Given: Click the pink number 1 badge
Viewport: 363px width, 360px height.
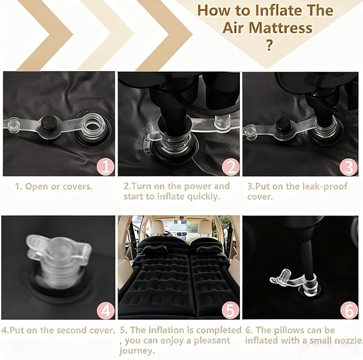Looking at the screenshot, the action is pos(105,166).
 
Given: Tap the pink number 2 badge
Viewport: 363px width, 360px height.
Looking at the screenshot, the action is pos(230,167).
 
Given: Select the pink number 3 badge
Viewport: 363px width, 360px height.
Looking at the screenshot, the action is pos(349,167).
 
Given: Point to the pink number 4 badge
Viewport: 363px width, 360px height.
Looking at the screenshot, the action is pos(105,311).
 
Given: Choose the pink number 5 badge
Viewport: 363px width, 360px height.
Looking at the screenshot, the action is pos(230,310).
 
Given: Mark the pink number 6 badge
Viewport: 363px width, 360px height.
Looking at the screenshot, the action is pos(349,310).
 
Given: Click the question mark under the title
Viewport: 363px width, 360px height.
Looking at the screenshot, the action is pos(269,45).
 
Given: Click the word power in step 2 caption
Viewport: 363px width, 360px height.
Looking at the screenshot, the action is pos(197,187).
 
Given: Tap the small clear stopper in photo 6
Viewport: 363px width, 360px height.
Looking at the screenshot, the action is pos(286,274).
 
